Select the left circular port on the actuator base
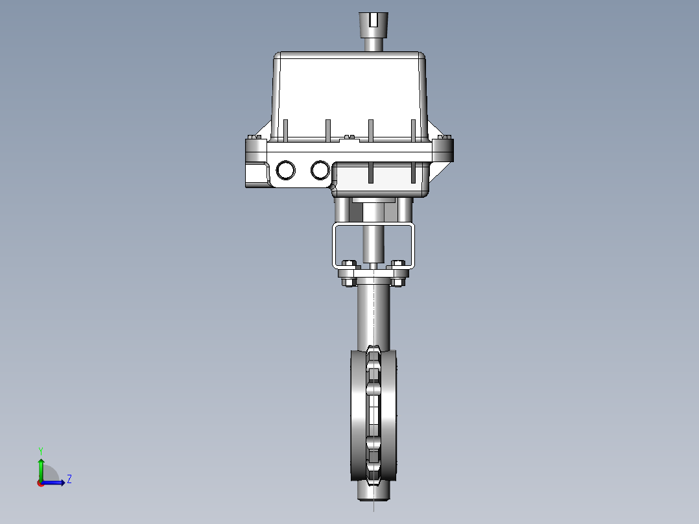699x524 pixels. coord(285,171)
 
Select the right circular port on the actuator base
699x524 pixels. coord(320,170)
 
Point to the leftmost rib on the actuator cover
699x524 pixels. coord(285,130)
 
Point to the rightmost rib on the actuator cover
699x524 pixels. coord(412,130)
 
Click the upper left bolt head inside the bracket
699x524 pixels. coord(348,263)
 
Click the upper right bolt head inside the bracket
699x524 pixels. coord(398,263)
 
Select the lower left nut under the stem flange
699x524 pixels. coord(348,282)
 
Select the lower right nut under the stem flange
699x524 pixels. coord(397,282)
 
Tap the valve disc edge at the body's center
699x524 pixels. coord(373,415)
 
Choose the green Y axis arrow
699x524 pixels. coord(41,466)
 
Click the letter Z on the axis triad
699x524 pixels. coord(69,479)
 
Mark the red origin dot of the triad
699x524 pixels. coord(40,482)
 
